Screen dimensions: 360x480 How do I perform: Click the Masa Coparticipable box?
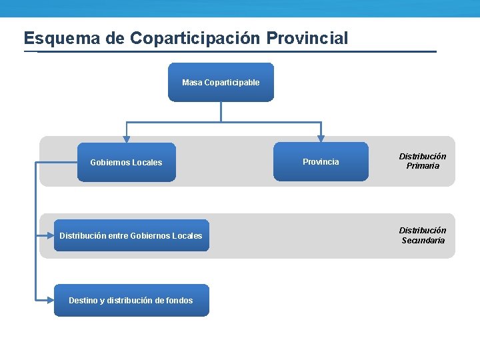pyautogui.click(x=221, y=82)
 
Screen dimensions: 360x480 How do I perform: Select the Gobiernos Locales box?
pyautogui.click(x=126, y=162)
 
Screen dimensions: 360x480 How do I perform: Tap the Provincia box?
pyautogui.click(x=321, y=161)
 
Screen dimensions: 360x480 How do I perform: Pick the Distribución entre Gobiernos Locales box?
pyautogui.click(x=131, y=235)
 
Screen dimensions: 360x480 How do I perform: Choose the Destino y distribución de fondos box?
pyautogui.click(x=131, y=300)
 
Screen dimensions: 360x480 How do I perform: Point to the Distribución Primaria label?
pyautogui.click(x=423, y=161)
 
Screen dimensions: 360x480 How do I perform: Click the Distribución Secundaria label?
pyautogui.click(x=423, y=235)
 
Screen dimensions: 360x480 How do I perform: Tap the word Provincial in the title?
pyautogui.click(x=309, y=38)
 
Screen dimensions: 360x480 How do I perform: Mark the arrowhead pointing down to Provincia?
pyautogui.click(x=321, y=139)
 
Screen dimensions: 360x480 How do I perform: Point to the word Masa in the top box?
pyautogui.click(x=192, y=83)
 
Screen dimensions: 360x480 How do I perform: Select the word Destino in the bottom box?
pyautogui.click(x=83, y=301)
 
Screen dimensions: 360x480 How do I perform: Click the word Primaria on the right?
pyautogui.click(x=423, y=166)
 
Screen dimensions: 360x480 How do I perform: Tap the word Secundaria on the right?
pyautogui.click(x=423, y=241)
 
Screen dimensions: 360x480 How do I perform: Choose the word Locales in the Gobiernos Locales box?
pyautogui.click(x=147, y=163)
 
